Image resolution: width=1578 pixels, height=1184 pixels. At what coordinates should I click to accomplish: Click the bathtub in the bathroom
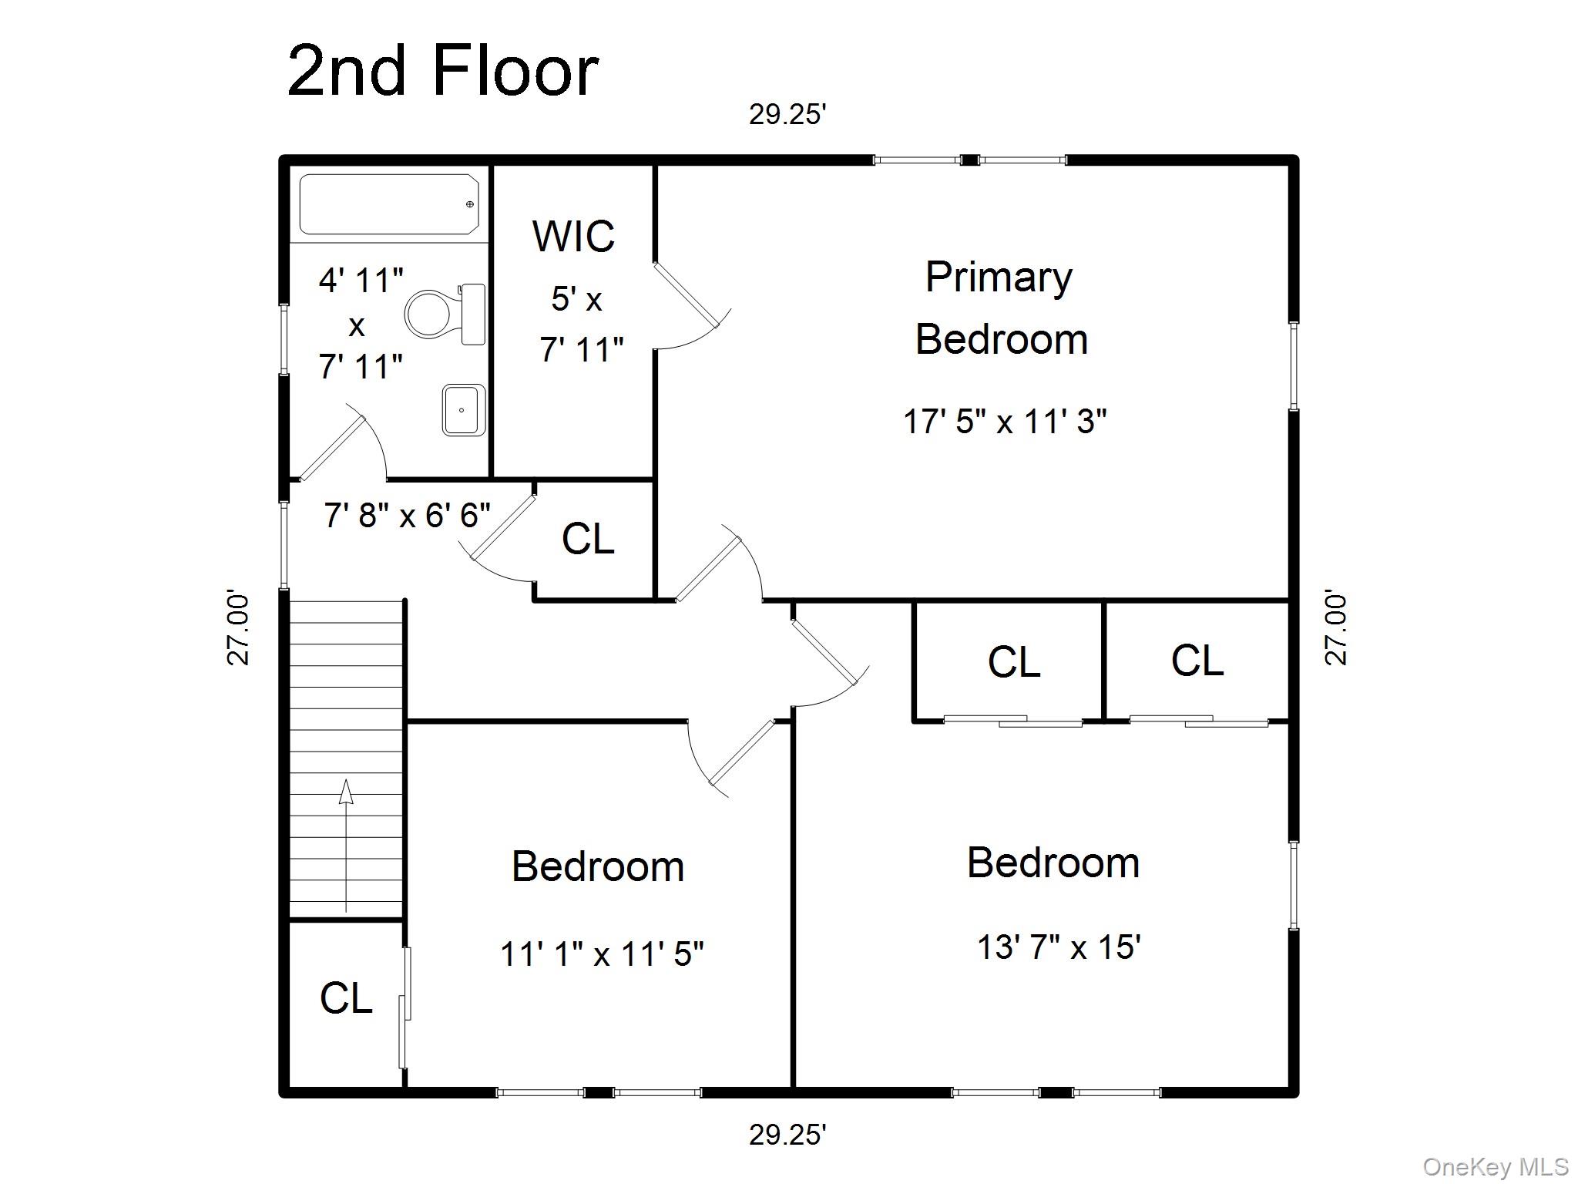click(389, 204)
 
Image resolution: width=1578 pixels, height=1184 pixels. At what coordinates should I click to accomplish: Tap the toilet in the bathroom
click(445, 314)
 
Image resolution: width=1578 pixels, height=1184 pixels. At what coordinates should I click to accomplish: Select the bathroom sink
click(464, 410)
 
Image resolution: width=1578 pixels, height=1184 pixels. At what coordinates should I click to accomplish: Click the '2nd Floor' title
click(443, 70)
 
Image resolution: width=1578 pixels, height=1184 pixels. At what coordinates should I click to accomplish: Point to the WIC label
click(573, 236)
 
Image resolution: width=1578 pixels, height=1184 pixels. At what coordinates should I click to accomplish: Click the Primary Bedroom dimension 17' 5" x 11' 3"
click(1005, 422)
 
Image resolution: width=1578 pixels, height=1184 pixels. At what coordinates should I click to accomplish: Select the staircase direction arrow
click(346, 846)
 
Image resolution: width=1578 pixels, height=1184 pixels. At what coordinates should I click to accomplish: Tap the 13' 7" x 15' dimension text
click(1059, 947)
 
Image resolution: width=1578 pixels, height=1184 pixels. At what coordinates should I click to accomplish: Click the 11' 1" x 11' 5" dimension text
click(602, 954)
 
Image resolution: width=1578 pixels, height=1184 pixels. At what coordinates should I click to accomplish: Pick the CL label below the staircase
click(346, 998)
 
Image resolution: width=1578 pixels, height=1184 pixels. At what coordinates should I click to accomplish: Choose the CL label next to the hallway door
click(588, 539)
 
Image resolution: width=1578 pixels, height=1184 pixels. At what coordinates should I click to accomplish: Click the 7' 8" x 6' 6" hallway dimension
click(407, 515)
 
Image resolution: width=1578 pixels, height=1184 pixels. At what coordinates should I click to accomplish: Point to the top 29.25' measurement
click(787, 115)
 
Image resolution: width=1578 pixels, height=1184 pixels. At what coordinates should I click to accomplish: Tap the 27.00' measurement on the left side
click(239, 628)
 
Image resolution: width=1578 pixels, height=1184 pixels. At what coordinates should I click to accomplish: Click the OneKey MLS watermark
click(1496, 1167)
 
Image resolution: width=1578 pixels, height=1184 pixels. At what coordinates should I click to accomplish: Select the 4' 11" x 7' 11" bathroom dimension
click(361, 324)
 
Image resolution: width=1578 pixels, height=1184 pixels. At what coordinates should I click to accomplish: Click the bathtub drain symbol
click(470, 204)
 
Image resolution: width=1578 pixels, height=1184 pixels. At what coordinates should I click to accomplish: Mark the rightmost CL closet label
click(1197, 661)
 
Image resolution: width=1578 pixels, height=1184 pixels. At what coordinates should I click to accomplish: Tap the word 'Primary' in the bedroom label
click(999, 277)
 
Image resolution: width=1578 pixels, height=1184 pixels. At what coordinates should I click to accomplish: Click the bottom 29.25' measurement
click(787, 1135)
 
